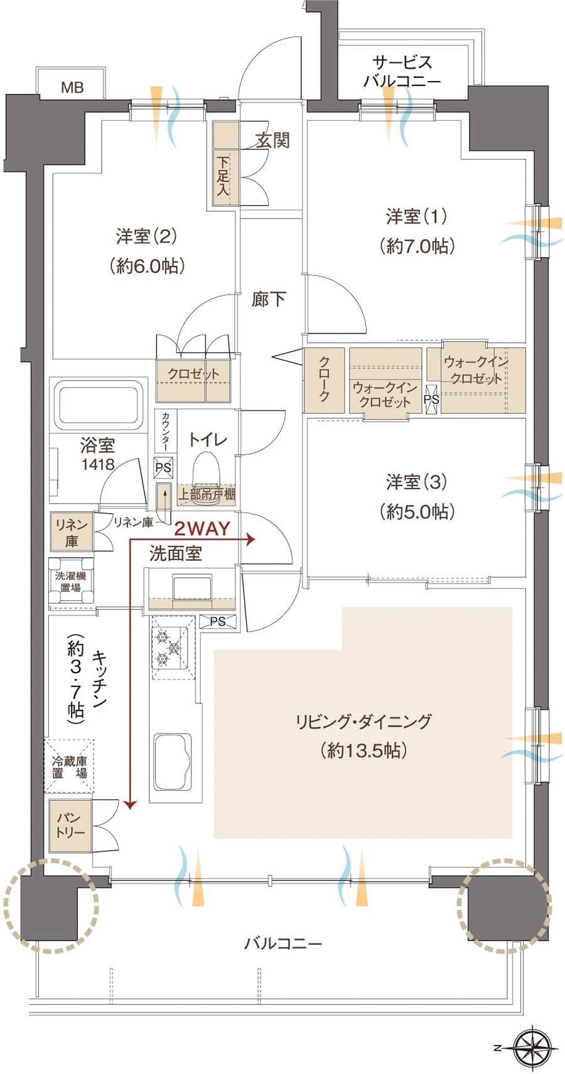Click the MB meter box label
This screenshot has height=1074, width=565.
[72, 88]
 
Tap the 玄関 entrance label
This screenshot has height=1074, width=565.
[272, 140]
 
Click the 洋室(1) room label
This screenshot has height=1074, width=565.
[416, 216]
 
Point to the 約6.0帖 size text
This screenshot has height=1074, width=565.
[147, 266]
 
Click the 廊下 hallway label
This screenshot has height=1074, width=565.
[269, 299]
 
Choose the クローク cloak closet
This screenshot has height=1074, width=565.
[324, 380]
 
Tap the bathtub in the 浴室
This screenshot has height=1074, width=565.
[100, 405]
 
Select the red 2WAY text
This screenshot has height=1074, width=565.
[202, 528]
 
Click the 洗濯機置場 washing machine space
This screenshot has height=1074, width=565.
[70, 582]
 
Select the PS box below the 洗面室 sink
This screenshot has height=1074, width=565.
[218, 621]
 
